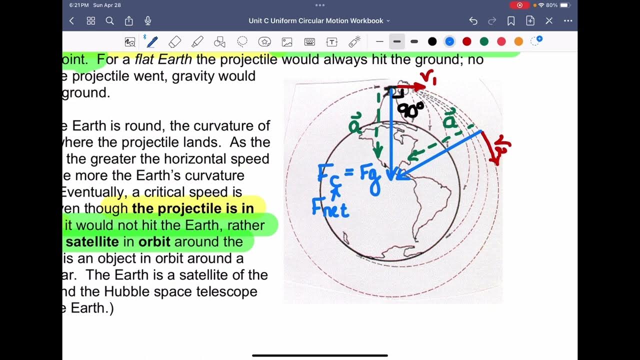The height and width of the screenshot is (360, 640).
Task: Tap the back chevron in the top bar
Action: pyautogui.click(x=71, y=21)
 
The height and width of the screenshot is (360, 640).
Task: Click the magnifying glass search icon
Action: pyautogui.click(x=110, y=21)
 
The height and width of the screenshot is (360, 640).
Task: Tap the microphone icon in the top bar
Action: pyautogui.click(x=148, y=21)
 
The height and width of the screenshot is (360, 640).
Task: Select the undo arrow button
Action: pyautogui.click(x=473, y=21)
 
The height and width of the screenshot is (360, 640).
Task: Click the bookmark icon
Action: pyautogui.click(x=511, y=21)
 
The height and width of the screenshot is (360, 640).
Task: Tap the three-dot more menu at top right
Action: pyautogui.click(x=568, y=21)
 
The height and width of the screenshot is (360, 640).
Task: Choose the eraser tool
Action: pyautogui.click(x=174, y=41)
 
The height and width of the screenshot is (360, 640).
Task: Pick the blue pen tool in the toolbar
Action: pyautogui.click(x=151, y=41)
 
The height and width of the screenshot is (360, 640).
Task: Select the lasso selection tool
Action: pyautogui.click(x=242, y=41)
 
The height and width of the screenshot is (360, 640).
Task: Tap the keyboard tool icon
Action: pyautogui.click(x=309, y=41)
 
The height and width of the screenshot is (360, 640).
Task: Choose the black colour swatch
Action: pyautogui.click(x=432, y=41)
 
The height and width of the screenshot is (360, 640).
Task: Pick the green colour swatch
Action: pyautogui.click(x=484, y=41)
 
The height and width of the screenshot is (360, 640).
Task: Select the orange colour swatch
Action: pyautogui.click(x=518, y=41)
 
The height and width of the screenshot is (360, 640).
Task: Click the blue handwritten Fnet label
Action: pyautogui.click(x=330, y=207)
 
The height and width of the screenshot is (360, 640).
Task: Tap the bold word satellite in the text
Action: pyautogui.click(x=92, y=242)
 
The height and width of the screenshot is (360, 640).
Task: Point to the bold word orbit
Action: pyautogui.click(x=154, y=242)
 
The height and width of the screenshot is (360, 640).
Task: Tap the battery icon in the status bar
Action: pyautogui.click(x=564, y=5)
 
